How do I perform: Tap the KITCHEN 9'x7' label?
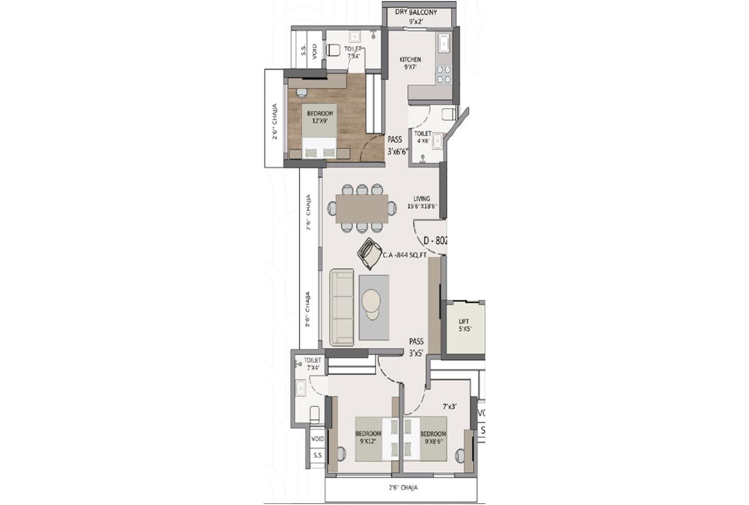click(410, 63)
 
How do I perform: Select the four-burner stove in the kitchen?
click(443, 74)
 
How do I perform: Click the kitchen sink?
click(444, 44)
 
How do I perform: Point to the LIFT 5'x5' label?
click(464, 325)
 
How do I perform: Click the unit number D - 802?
click(435, 241)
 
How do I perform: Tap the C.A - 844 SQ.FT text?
click(405, 255)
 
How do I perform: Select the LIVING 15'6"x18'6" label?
click(422, 202)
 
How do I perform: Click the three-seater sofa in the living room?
click(342, 307)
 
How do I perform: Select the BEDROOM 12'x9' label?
click(320, 117)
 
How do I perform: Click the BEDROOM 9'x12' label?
click(368, 437)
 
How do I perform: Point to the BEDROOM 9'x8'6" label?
click(433, 437)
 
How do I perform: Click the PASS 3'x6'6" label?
click(398, 146)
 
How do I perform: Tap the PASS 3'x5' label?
click(416, 347)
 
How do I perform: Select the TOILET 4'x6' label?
click(422, 137)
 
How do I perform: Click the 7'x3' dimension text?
click(449, 407)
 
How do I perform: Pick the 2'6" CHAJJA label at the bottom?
click(403, 488)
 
